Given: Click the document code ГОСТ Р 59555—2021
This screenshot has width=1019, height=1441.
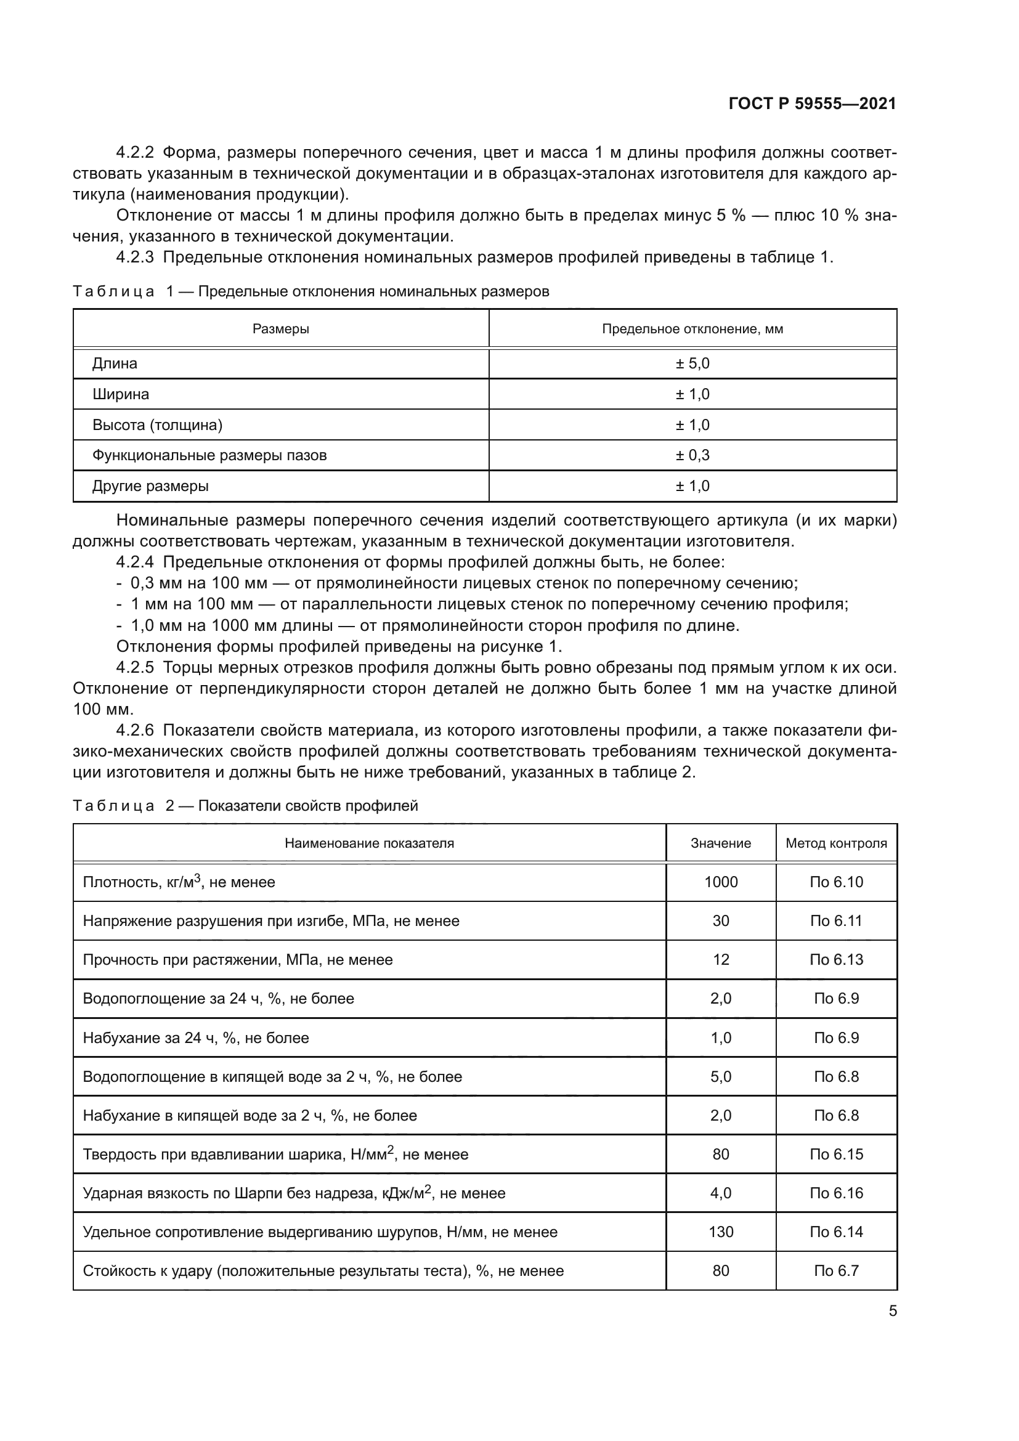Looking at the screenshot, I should click(x=812, y=104).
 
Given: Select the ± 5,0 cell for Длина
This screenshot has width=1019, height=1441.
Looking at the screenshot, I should click(x=692, y=363).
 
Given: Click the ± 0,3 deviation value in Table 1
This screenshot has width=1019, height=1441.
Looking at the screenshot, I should click(x=692, y=455).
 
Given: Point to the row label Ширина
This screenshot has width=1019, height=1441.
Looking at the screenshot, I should click(x=121, y=394).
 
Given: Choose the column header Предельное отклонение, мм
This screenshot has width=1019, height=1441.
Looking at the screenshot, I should click(x=692, y=329).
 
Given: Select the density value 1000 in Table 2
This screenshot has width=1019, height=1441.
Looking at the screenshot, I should click(x=720, y=882).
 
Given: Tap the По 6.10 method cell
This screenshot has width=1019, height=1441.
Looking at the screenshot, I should click(x=836, y=882).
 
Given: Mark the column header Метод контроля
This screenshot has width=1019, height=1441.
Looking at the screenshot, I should click(x=836, y=843).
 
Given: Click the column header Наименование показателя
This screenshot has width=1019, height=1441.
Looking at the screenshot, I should click(x=369, y=843).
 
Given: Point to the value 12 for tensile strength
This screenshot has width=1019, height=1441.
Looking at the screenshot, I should click(x=720, y=959).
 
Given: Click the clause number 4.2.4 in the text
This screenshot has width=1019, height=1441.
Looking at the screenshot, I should click(x=135, y=562).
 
